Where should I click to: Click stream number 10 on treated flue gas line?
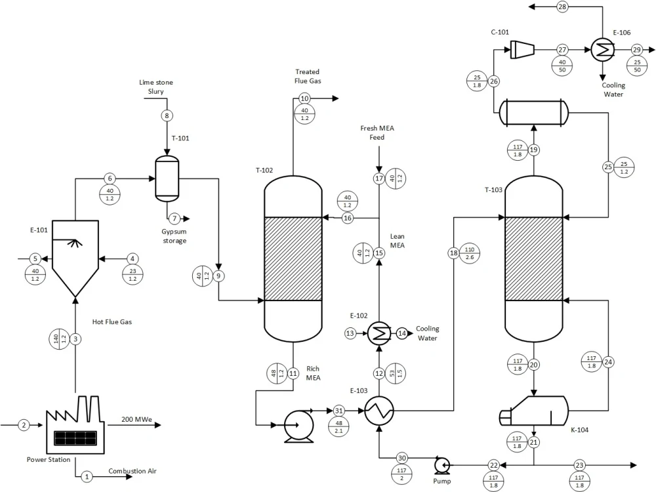click(304, 98)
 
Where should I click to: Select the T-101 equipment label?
click(180, 138)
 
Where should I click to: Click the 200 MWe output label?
click(138, 419)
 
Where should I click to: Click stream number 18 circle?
click(454, 253)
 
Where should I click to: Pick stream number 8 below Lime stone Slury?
click(167, 116)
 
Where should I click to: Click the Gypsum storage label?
click(174, 236)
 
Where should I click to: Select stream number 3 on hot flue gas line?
click(76, 338)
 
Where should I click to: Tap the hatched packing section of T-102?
click(293, 259)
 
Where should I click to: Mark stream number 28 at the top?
click(562, 7)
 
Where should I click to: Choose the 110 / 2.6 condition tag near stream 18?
click(470, 253)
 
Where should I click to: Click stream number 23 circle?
click(579, 465)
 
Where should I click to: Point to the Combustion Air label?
click(133, 471)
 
